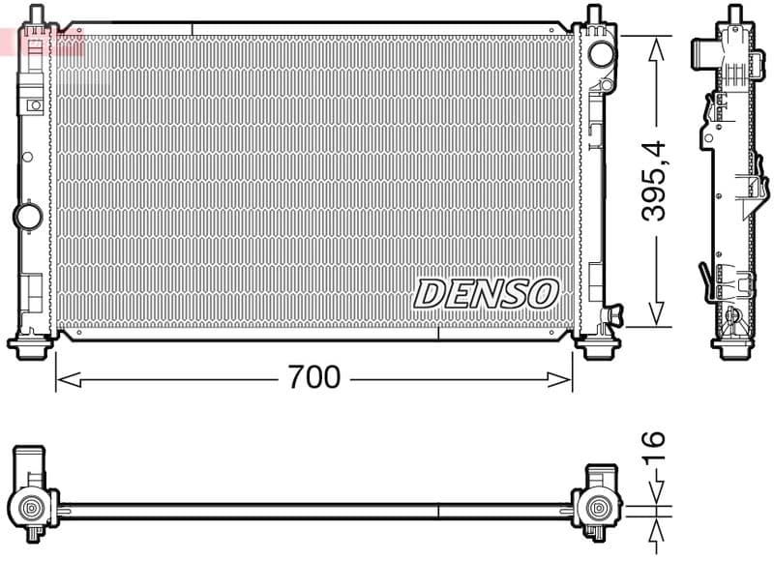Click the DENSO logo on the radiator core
(x=487, y=292)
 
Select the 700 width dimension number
(x=314, y=377)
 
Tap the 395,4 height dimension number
(x=656, y=179)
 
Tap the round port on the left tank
(x=27, y=214)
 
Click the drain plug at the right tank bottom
(x=611, y=314)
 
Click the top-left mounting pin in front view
(x=36, y=14)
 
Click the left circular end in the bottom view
(x=31, y=507)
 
